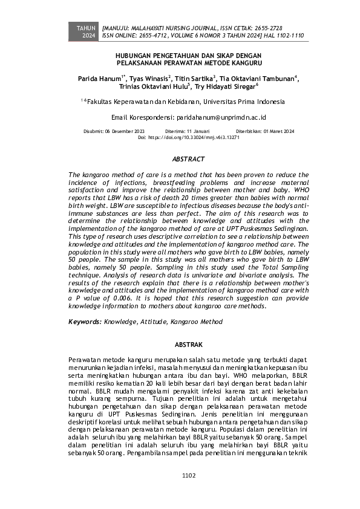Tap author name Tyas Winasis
click(149, 79)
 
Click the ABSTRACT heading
click(189, 159)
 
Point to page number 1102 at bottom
click(189, 475)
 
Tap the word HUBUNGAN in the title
click(136, 54)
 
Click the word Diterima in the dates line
click(175, 131)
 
